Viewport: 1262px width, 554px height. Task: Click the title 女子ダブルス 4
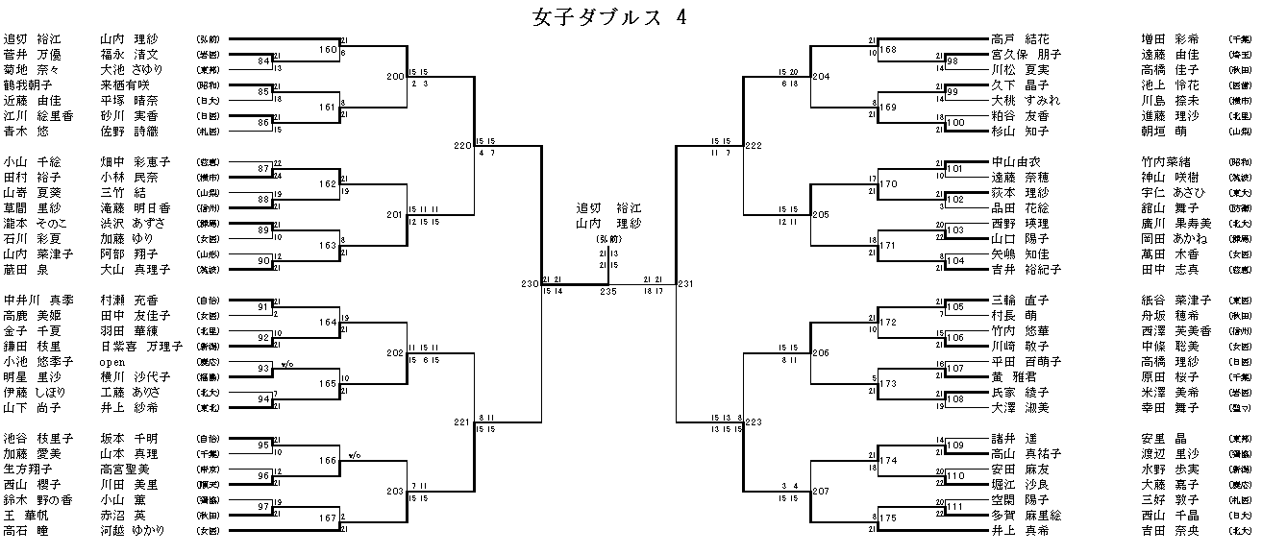click(x=607, y=17)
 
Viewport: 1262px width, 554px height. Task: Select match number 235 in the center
click(x=607, y=291)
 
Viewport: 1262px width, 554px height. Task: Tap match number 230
click(x=530, y=284)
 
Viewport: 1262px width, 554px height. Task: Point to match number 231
click(x=685, y=284)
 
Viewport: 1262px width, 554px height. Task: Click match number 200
click(x=395, y=76)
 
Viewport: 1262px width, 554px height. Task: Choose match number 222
click(x=753, y=146)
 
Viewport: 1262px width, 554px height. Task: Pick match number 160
click(x=328, y=49)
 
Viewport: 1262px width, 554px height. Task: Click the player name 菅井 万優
click(x=33, y=55)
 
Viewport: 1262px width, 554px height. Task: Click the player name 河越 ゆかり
click(x=133, y=530)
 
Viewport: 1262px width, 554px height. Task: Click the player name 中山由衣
click(x=1016, y=162)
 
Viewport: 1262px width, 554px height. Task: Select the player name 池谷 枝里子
click(x=33, y=439)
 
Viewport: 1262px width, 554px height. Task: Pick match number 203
click(x=395, y=492)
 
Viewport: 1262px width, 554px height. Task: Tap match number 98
click(x=952, y=61)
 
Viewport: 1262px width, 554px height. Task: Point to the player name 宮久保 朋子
click(x=1027, y=55)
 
